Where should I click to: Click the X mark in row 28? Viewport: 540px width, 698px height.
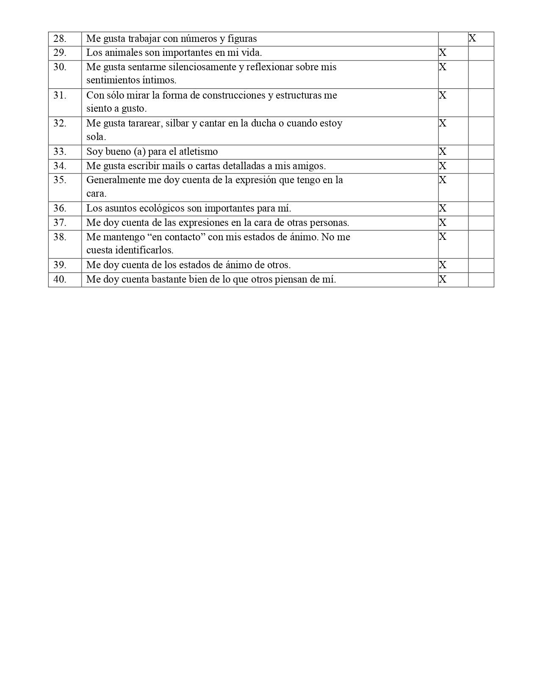pyautogui.click(x=472, y=38)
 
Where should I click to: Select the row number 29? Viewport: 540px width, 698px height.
pyautogui.click(x=60, y=53)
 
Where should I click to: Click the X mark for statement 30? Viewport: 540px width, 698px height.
pyautogui.click(x=443, y=67)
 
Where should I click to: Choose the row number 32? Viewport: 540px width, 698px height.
pyautogui.click(x=60, y=124)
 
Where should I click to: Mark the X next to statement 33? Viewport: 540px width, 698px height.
pyautogui.click(x=443, y=151)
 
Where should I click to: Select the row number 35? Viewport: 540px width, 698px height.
pyautogui.click(x=60, y=180)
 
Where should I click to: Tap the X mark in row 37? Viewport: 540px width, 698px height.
pyautogui.click(x=443, y=223)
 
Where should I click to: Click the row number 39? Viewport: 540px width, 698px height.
pyautogui.click(x=60, y=265)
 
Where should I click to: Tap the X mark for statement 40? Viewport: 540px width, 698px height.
pyautogui.click(x=443, y=279)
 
